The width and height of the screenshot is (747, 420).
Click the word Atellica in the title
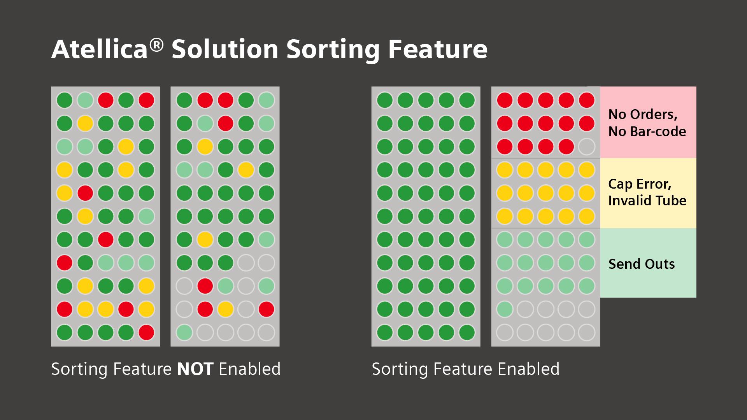[x=99, y=49]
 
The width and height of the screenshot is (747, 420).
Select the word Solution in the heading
[x=225, y=49]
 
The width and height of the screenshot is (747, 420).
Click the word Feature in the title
[x=438, y=49]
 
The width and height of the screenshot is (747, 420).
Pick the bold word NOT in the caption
[x=195, y=369]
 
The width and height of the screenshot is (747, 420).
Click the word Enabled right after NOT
[x=249, y=369]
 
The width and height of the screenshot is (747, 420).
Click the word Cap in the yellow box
[x=620, y=184]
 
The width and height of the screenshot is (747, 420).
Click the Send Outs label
[x=642, y=264]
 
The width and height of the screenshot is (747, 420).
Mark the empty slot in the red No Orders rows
[x=586, y=147]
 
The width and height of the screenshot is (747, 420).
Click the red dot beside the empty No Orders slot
[x=566, y=147]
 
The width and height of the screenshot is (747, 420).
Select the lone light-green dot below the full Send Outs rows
[x=505, y=309]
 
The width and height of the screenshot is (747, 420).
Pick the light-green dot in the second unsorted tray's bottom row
[x=184, y=332]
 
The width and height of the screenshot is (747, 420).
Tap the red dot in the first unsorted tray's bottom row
[x=146, y=332]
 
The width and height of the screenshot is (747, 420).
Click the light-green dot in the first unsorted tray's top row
[x=85, y=100]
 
